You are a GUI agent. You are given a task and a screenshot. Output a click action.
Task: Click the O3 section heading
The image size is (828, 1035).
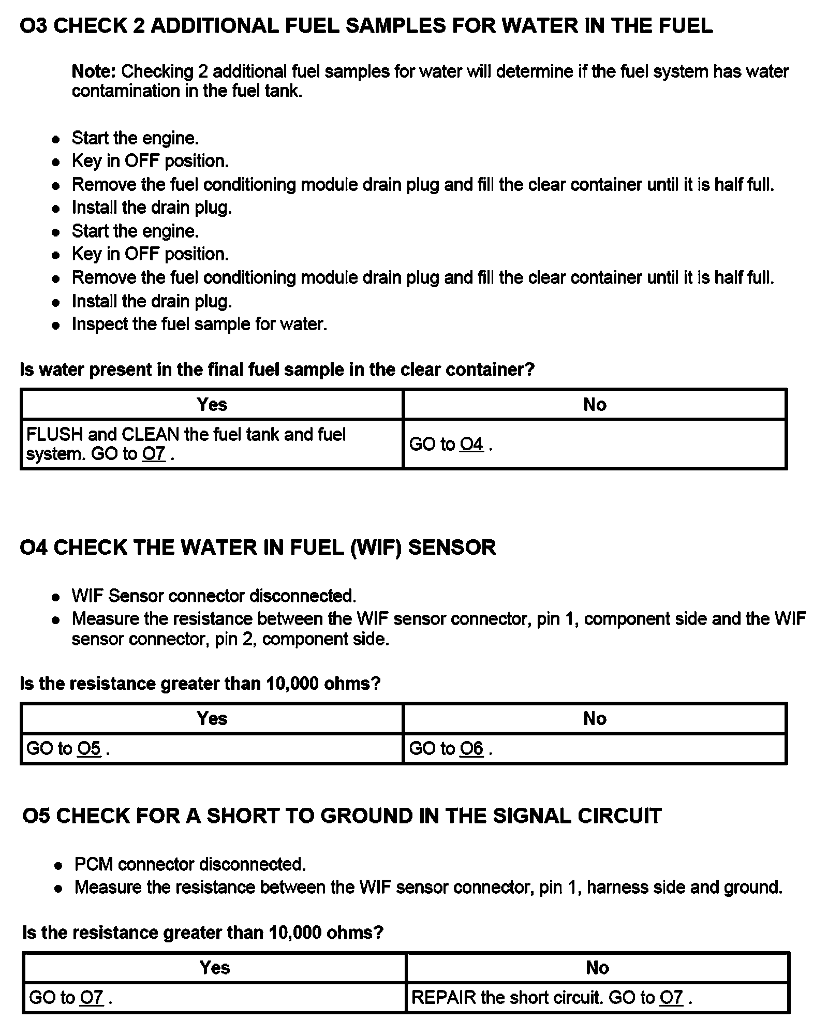(x=365, y=26)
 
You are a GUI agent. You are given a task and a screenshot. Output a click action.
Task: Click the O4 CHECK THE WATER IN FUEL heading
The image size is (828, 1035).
(x=257, y=548)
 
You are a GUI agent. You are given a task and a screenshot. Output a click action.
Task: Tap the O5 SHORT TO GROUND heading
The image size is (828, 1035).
(x=342, y=816)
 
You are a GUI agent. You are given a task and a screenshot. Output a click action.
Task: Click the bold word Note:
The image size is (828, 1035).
(x=95, y=71)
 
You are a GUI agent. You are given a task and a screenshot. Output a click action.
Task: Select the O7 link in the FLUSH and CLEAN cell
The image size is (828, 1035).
(x=154, y=454)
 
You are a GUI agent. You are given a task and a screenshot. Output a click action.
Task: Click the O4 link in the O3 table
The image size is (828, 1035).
(x=471, y=444)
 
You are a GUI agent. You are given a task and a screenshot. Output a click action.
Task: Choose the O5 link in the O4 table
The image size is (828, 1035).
(x=89, y=748)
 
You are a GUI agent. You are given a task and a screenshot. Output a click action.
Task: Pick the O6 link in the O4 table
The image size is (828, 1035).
(x=471, y=748)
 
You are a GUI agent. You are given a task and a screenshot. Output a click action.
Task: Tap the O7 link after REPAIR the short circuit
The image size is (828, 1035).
(x=671, y=997)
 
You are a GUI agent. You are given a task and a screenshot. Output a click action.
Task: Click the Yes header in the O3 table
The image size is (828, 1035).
(x=212, y=404)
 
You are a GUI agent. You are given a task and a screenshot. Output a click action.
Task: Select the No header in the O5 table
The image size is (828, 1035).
(x=597, y=967)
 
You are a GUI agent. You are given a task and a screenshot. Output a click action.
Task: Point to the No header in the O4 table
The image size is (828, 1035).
(x=595, y=718)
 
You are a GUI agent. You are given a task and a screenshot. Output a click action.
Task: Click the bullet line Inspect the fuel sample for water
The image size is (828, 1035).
(x=199, y=324)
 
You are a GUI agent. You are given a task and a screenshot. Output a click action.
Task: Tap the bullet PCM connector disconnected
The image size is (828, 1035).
(x=190, y=864)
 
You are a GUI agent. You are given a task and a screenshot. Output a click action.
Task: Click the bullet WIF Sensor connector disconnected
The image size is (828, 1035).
(x=214, y=596)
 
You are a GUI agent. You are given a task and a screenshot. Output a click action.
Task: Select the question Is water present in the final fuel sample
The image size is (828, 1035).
(x=277, y=369)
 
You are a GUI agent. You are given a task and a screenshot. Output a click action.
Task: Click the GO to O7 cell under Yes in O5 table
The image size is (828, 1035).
(x=67, y=997)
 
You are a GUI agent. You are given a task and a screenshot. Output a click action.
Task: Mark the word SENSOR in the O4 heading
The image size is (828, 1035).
(x=452, y=548)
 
